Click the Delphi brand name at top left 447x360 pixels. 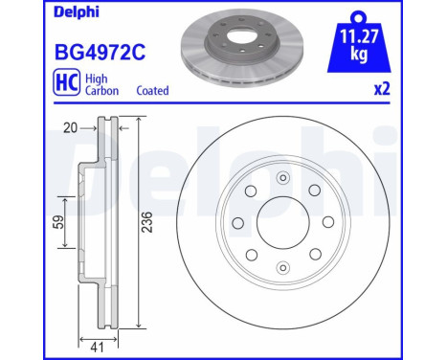pyautogui.click(x=77, y=12)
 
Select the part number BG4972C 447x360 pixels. pyautogui.click(x=101, y=53)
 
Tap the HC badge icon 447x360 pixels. pyautogui.click(x=67, y=82)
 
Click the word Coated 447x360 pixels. pyautogui.click(x=152, y=91)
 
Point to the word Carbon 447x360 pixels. pyautogui.click(x=101, y=91)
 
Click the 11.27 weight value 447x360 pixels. pyautogui.click(x=359, y=36)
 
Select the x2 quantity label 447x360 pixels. pyautogui.click(x=382, y=89)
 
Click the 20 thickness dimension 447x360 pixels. pyautogui.click(x=70, y=128)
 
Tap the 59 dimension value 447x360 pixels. pyautogui.click(x=58, y=222)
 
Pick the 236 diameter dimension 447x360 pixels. pyautogui.click(x=147, y=222)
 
